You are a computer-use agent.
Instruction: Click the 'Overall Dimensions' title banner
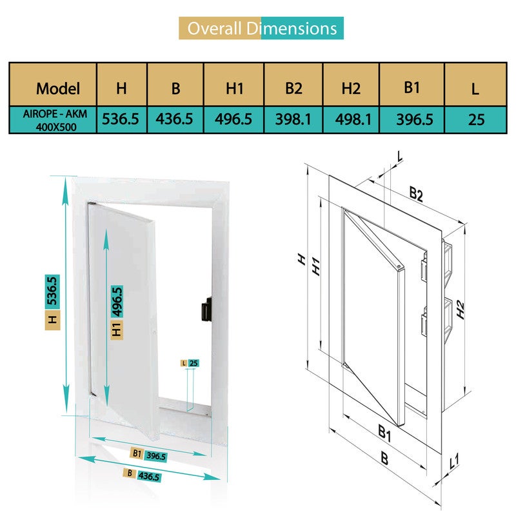tap(261, 28)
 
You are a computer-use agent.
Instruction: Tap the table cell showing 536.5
tap(122, 119)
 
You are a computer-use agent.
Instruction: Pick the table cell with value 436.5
tap(175, 119)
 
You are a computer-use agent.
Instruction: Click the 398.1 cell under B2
tap(293, 119)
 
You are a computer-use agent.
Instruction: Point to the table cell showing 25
tap(476, 119)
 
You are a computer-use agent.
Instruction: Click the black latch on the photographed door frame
tap(206, 309)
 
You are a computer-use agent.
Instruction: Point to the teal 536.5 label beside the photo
tap(52, 292)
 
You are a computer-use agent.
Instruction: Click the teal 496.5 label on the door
tap(117, 301)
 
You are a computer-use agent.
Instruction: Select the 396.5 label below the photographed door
tap(155, 456)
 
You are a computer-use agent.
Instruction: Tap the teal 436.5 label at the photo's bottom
tap(149, 477)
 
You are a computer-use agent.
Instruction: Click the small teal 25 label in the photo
tap(193, 363)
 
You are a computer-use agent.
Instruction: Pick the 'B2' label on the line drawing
tap(416, 193)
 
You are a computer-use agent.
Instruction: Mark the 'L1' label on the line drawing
tap(454, 462)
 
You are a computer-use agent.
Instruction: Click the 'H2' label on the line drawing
tap(460, 310)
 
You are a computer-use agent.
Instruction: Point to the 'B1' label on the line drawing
tap(384, 433)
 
